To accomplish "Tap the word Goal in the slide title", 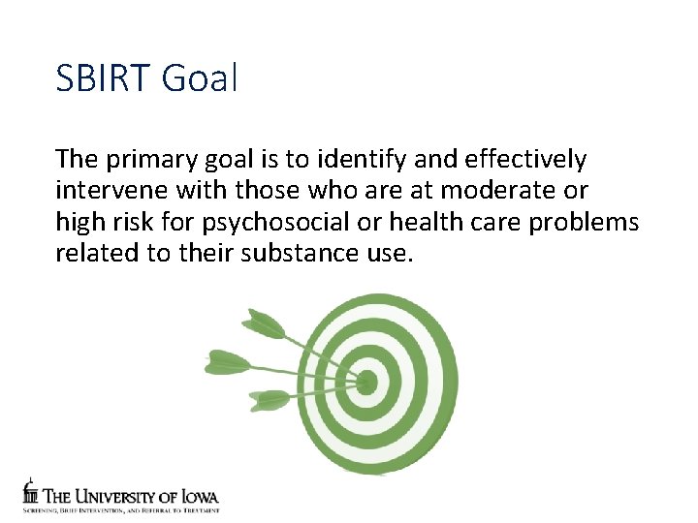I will pos(201,77).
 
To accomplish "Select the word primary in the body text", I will pos(147,159).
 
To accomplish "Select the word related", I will pos(95,255).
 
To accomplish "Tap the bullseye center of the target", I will pos(366,384).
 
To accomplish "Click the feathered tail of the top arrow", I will pos(260,323).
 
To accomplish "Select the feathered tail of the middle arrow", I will pos(227,362).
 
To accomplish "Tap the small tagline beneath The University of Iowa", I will pos(121,508).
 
